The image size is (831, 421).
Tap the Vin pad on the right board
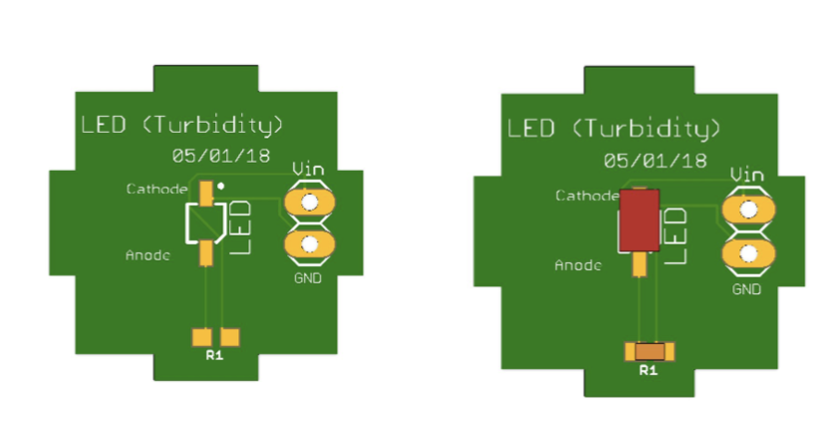click(x=747, y=210)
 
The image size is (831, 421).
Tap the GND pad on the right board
click(x=747, y=254)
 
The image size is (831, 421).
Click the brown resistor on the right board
click(x=650, y=351)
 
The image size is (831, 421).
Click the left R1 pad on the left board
click(x=203, y=337)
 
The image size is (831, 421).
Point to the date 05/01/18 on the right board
click(x=655, y=160)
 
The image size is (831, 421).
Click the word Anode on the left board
click(x=147, y=255)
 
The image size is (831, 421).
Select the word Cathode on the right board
click(x=587, y=195)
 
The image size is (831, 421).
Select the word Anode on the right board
click(x=578, y=265)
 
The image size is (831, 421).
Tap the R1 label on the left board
click(x=215, y=356)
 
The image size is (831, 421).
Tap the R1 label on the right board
click(x=649, y=371)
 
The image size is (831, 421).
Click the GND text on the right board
click(x=746, y=289)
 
